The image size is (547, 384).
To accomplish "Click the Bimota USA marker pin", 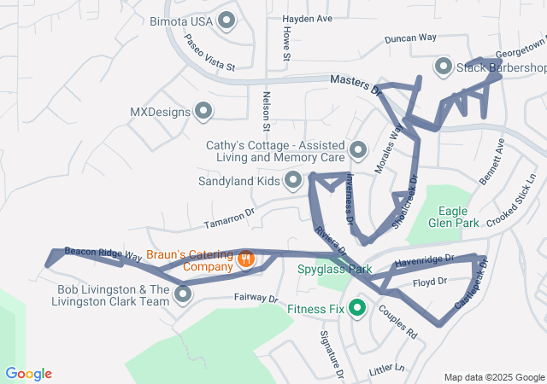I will click(227, 20).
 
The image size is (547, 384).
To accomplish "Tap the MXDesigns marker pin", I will click(203, 111).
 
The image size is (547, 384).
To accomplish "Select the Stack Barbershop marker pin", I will click(444, 67).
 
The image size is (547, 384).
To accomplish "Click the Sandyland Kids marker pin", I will click(293, 180).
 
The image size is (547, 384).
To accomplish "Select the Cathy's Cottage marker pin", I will click(357, 150).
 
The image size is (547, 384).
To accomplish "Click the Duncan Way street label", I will click(410, 38).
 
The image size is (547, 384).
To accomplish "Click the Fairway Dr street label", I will click(256, 299).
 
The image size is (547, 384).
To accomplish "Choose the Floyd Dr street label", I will click(430, 282).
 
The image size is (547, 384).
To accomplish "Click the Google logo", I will click(28, 373).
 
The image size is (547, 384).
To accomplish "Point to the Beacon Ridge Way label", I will click(103, 253).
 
